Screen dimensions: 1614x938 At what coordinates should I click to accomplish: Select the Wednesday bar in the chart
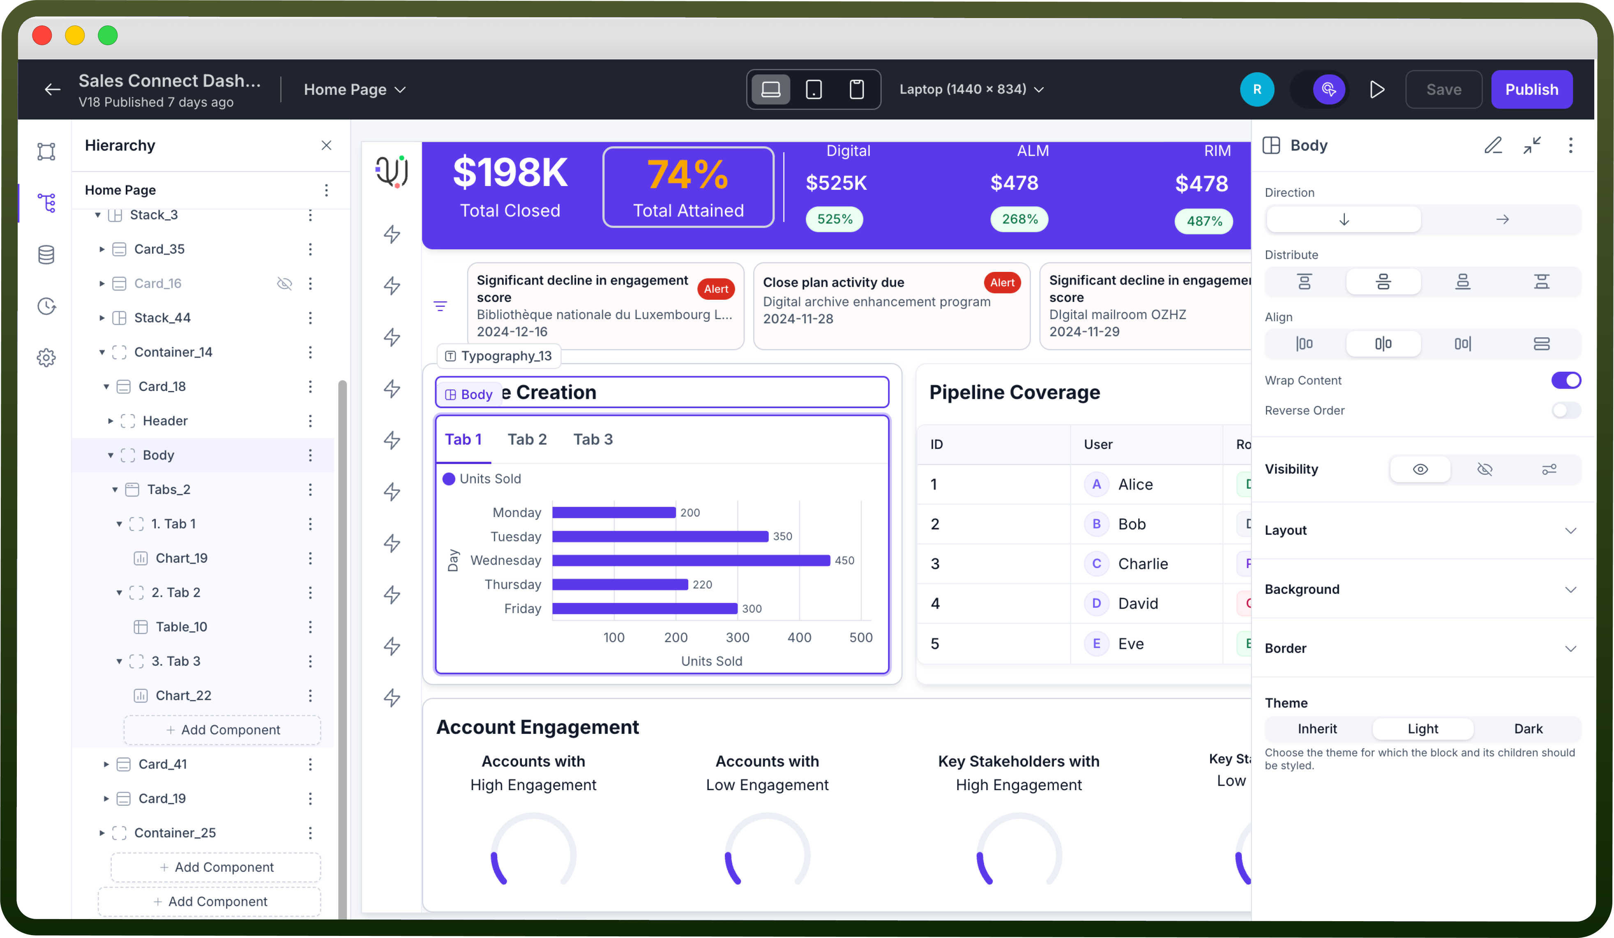pyautogui.click(x=691, y=560)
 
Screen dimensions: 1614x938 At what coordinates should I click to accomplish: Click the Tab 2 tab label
pyautogui.click(x=527, y=439)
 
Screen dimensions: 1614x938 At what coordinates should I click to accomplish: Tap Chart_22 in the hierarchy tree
pyautogui.click(x=183, y=695)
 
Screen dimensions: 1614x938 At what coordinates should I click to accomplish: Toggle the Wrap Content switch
pyautogui.click(x=1566, y=380)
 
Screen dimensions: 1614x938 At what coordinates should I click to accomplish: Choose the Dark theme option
pyautogui.click(x=1528, y=729)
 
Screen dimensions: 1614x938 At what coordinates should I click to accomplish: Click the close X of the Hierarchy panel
pyautogui.click(x=327, y=145)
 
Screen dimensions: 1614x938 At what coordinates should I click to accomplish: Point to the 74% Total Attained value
pyautogui.click(x=687, y=174)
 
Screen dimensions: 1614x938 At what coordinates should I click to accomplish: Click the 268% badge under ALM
pyautogui.click(x=1019, y=219)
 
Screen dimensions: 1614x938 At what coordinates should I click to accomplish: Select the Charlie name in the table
pyautogui.click(x=1143, y=563)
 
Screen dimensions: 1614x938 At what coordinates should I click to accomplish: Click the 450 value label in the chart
pyautogui.click(x=844, y=560)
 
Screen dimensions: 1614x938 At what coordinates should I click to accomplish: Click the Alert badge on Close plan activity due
pyautogui.click(x=1002, y=283)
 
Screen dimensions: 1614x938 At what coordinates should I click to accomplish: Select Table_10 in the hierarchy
pyautogui.click(x=181, y=627)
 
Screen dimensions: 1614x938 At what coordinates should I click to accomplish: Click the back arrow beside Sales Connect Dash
pyautogui.click(x=53, y=90)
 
